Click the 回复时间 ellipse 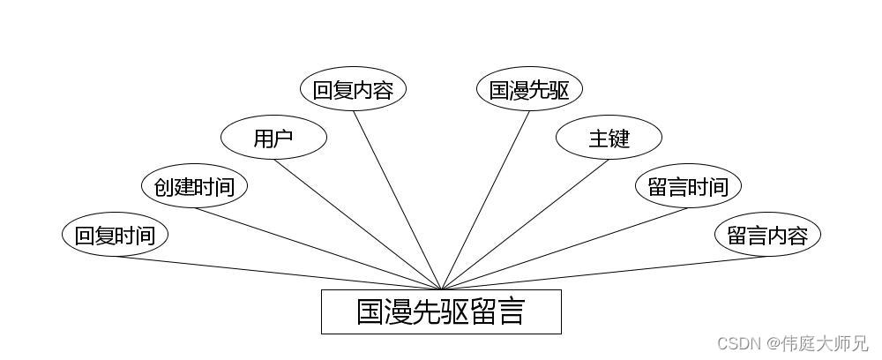tap(115, 236)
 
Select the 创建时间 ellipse tap(194, 187)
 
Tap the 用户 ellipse tap(273, 139)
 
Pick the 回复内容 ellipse tap(353, 90)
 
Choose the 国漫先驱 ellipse tap(529, 90)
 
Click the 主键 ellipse tap(609, 139)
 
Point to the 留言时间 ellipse tap(688, 187)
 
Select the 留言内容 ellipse tap(767, 236)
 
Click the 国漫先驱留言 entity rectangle tap(441, 311)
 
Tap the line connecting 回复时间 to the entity tap(278, 273)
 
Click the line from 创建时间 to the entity tap(318, 249)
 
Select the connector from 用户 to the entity tap(357, 224)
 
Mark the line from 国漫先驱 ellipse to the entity tap(485, 200)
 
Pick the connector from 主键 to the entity tap(525, 224)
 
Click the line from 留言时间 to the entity tap(564, 249)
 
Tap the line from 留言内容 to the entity tap(604, 273)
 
